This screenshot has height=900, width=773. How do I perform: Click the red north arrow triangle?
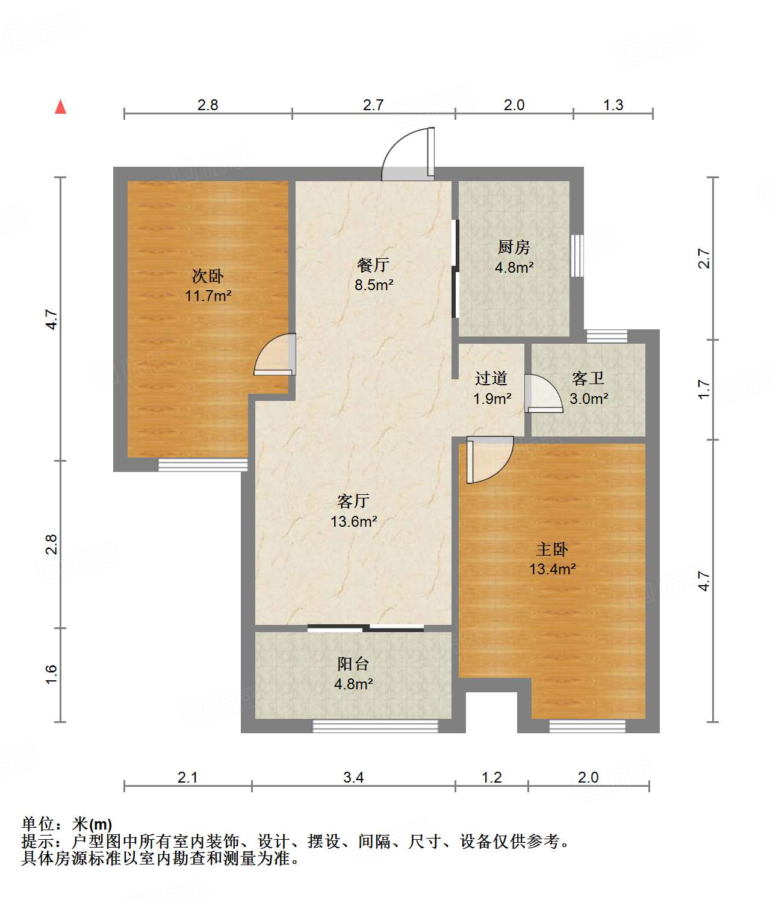coord(60,107)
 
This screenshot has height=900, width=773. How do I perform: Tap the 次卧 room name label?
coord(208,276)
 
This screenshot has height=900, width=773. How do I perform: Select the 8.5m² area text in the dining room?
coord(374,285)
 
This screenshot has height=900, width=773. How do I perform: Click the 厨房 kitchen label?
coord(514,247)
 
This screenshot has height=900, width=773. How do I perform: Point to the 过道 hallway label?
coord(491,378)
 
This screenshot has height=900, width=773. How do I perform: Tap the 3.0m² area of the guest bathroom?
coord(589,398)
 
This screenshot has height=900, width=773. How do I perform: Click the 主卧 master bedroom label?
coord(551,549)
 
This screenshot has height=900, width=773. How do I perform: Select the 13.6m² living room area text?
coord(353,521)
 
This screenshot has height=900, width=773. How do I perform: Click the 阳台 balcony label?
coord(353,663)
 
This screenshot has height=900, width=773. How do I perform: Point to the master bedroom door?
coord(488,460)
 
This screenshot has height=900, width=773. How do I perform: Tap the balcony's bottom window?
coord(375,726)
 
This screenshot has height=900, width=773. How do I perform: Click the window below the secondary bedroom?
coord(203,464)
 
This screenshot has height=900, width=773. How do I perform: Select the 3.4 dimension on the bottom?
coord(353,777)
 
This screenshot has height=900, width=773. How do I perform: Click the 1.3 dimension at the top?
coord(613,105)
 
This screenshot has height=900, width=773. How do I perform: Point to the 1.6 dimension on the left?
coord(51,674)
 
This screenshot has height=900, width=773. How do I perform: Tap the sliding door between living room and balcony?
coord(365,628)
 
